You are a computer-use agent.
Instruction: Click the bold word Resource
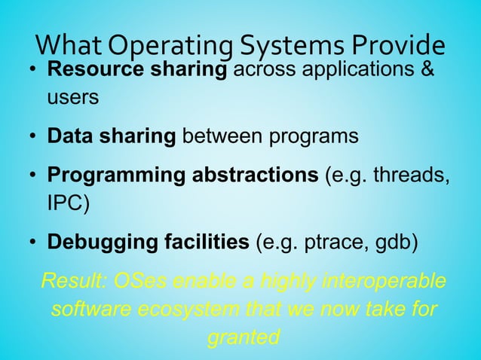point(93,71)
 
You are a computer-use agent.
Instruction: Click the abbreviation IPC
point(68,204)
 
